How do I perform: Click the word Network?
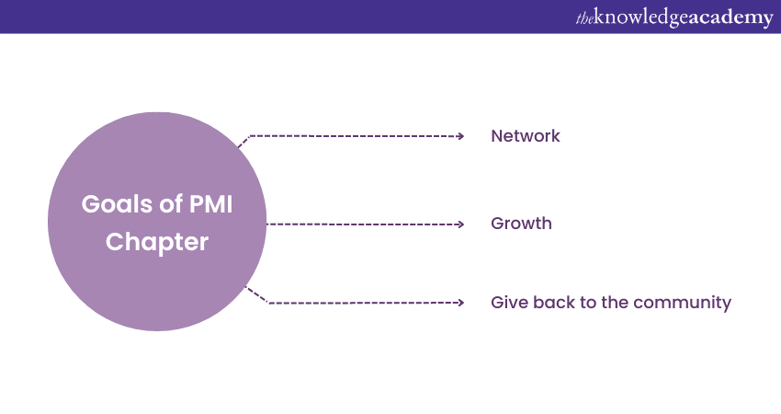(x=525, y=136)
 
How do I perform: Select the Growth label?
(x=521, y=224)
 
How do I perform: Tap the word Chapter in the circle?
(x=157, y=243)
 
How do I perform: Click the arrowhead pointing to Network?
(x=460, y=136)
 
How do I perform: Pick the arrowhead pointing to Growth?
(x=460, y=224)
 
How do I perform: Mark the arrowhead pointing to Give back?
(x=460, y=302)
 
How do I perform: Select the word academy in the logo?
(x=731, y=17)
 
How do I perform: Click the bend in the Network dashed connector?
(x=249, y=136)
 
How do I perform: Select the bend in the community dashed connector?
(x=266, y=302)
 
